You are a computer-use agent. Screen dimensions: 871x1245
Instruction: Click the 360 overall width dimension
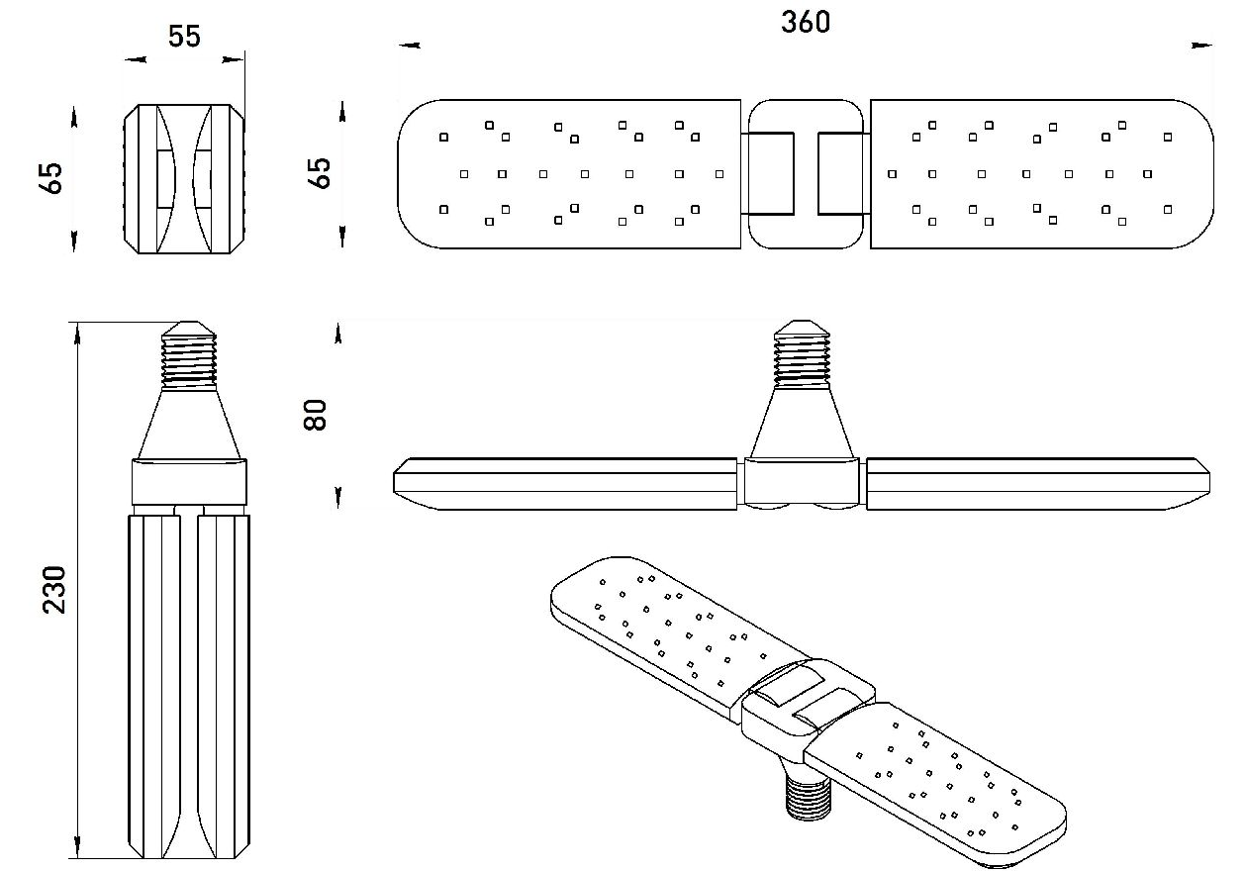click(x=806, y=22)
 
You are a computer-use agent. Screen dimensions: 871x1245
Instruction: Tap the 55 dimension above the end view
click(x=184, y=37)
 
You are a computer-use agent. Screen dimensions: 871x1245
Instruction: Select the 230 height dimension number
click(x=55, y=590)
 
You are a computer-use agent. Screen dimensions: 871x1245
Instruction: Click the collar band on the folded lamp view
click(x=188, y=482)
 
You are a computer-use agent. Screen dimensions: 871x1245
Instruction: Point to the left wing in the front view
click(x=566, y=483)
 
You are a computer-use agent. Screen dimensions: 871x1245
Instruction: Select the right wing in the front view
click(x=1036, y=483)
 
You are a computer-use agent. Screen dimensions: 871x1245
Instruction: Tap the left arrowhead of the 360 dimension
click(x=409, y=46)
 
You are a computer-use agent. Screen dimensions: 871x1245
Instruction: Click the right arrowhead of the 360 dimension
click(x=1203, y=46)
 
